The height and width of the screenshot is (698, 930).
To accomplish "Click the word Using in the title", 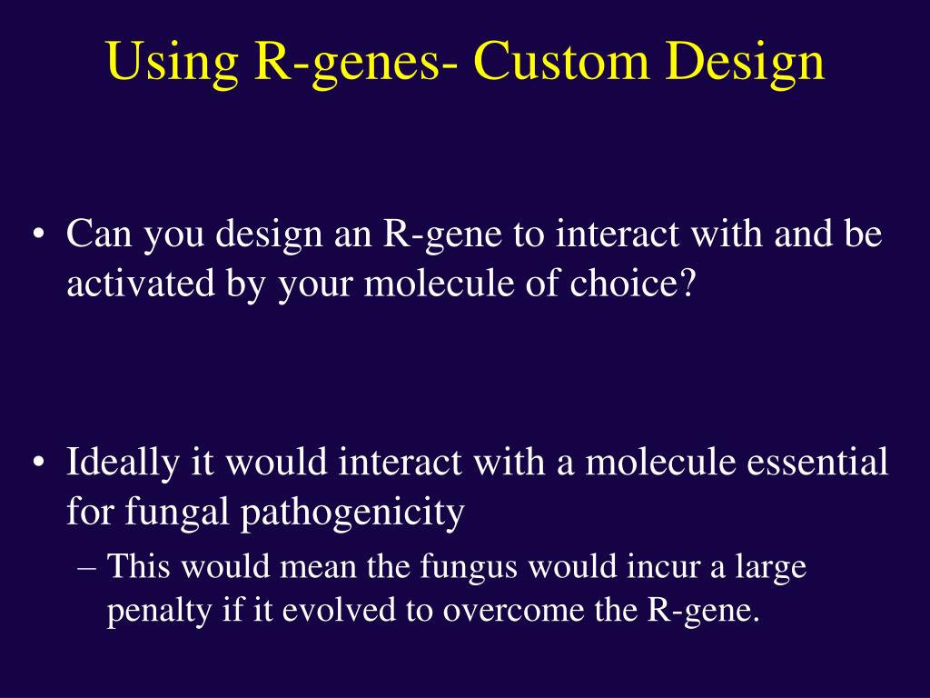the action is coord(173,63).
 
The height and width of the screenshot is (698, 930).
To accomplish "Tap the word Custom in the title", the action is coord(560,61).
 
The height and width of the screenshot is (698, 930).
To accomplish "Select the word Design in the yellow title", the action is coord(745,63).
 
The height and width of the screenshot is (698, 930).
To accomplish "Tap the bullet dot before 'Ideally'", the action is coord(38,463).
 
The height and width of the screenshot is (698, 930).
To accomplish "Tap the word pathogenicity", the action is coord(352,513).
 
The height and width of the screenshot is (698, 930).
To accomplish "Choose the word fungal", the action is coord(177,513).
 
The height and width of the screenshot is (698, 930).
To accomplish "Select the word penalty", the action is coord(158,612).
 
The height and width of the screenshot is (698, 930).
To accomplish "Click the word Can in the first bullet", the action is coord(99,234).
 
